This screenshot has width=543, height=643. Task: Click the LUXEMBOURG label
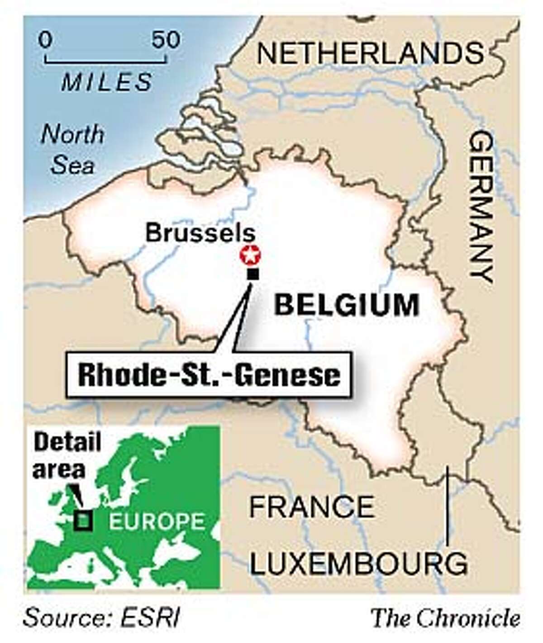pyautogui.click(x=358, y=563)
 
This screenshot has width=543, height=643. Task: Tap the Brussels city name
pyautogui.click(x=200, y=233)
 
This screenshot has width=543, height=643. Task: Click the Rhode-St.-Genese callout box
pyautogui.click(x=209, y=376)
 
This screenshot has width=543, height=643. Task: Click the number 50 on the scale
pyautogui.click(x=166, y=40)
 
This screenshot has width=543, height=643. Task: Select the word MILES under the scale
pyautogui.click(x=106, y=82)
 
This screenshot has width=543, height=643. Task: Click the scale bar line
pyautogui.click(x=106, y=59)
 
